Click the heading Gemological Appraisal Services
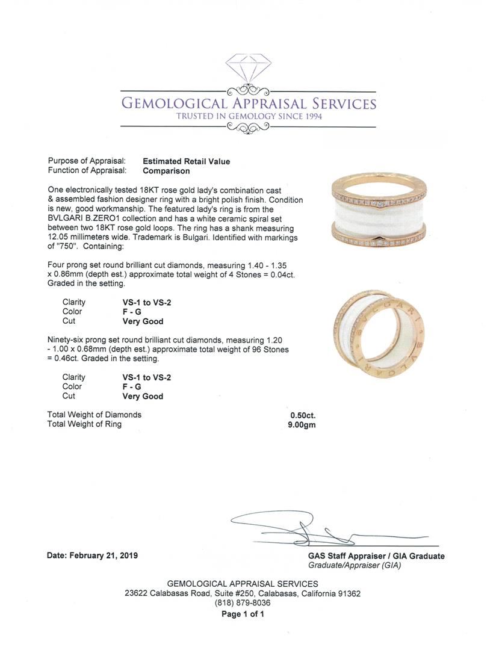click(249, 104)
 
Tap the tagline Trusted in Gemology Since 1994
click(249, 116)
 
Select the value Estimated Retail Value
click(186, 161)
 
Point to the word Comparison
click(167, 171)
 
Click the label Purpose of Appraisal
click(87, 161)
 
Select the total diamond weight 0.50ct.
click(302, 415)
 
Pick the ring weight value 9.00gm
click(302, 424)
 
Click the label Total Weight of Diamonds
click(95, 415)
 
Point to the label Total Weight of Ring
click(84, 424)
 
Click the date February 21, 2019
click(92, 556)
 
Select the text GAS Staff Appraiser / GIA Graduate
click(376, 556)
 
